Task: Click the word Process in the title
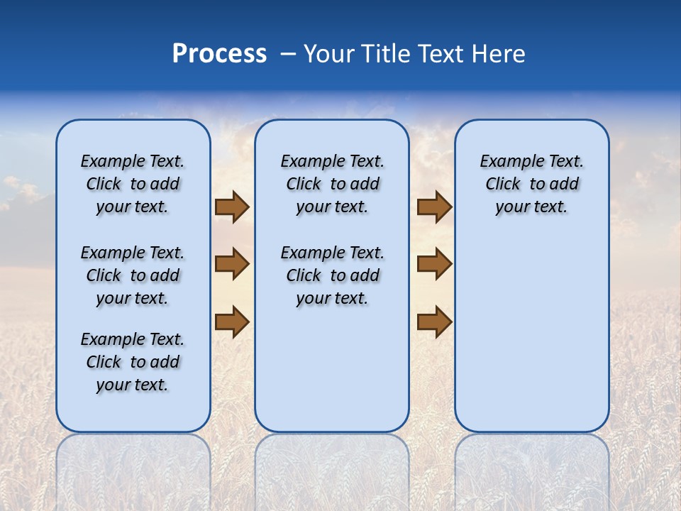[219, 54]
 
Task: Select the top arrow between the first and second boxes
[232, 207]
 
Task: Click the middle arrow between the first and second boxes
[232, 264]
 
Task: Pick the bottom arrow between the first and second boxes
[232, 321]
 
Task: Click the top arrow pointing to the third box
[434, 207]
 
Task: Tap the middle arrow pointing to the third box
[434, 264]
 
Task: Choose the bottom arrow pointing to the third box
[434, 321]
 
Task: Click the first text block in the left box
[133, 184]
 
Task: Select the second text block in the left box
[133, 275]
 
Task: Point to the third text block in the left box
[133, 362]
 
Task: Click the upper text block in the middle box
[332, 184]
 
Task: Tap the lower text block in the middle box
[332, 275]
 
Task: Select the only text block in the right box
[531, 184]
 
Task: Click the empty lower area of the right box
[531, 326]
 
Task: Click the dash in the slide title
[288, 54]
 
